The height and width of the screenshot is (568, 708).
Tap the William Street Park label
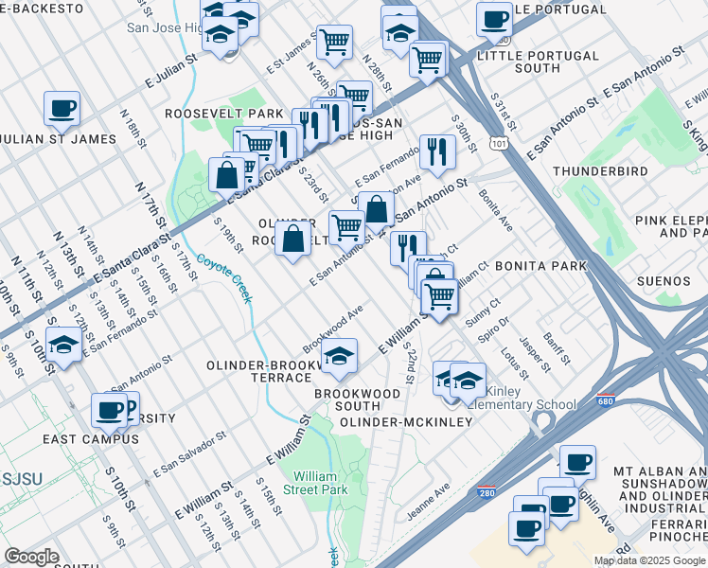[321, 483]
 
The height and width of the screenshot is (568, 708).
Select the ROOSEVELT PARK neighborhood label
[211, 114]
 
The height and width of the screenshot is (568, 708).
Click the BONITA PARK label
[540, 267]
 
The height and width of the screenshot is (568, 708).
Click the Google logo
[31, 557]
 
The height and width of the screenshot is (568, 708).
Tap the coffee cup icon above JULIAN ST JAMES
[62, 108]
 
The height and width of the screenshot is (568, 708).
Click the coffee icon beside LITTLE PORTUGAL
[493, 19]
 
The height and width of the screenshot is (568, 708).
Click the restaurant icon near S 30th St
[437, 151]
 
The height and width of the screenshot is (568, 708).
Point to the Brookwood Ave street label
[333, 328]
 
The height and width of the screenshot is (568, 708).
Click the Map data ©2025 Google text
[648, 560]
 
